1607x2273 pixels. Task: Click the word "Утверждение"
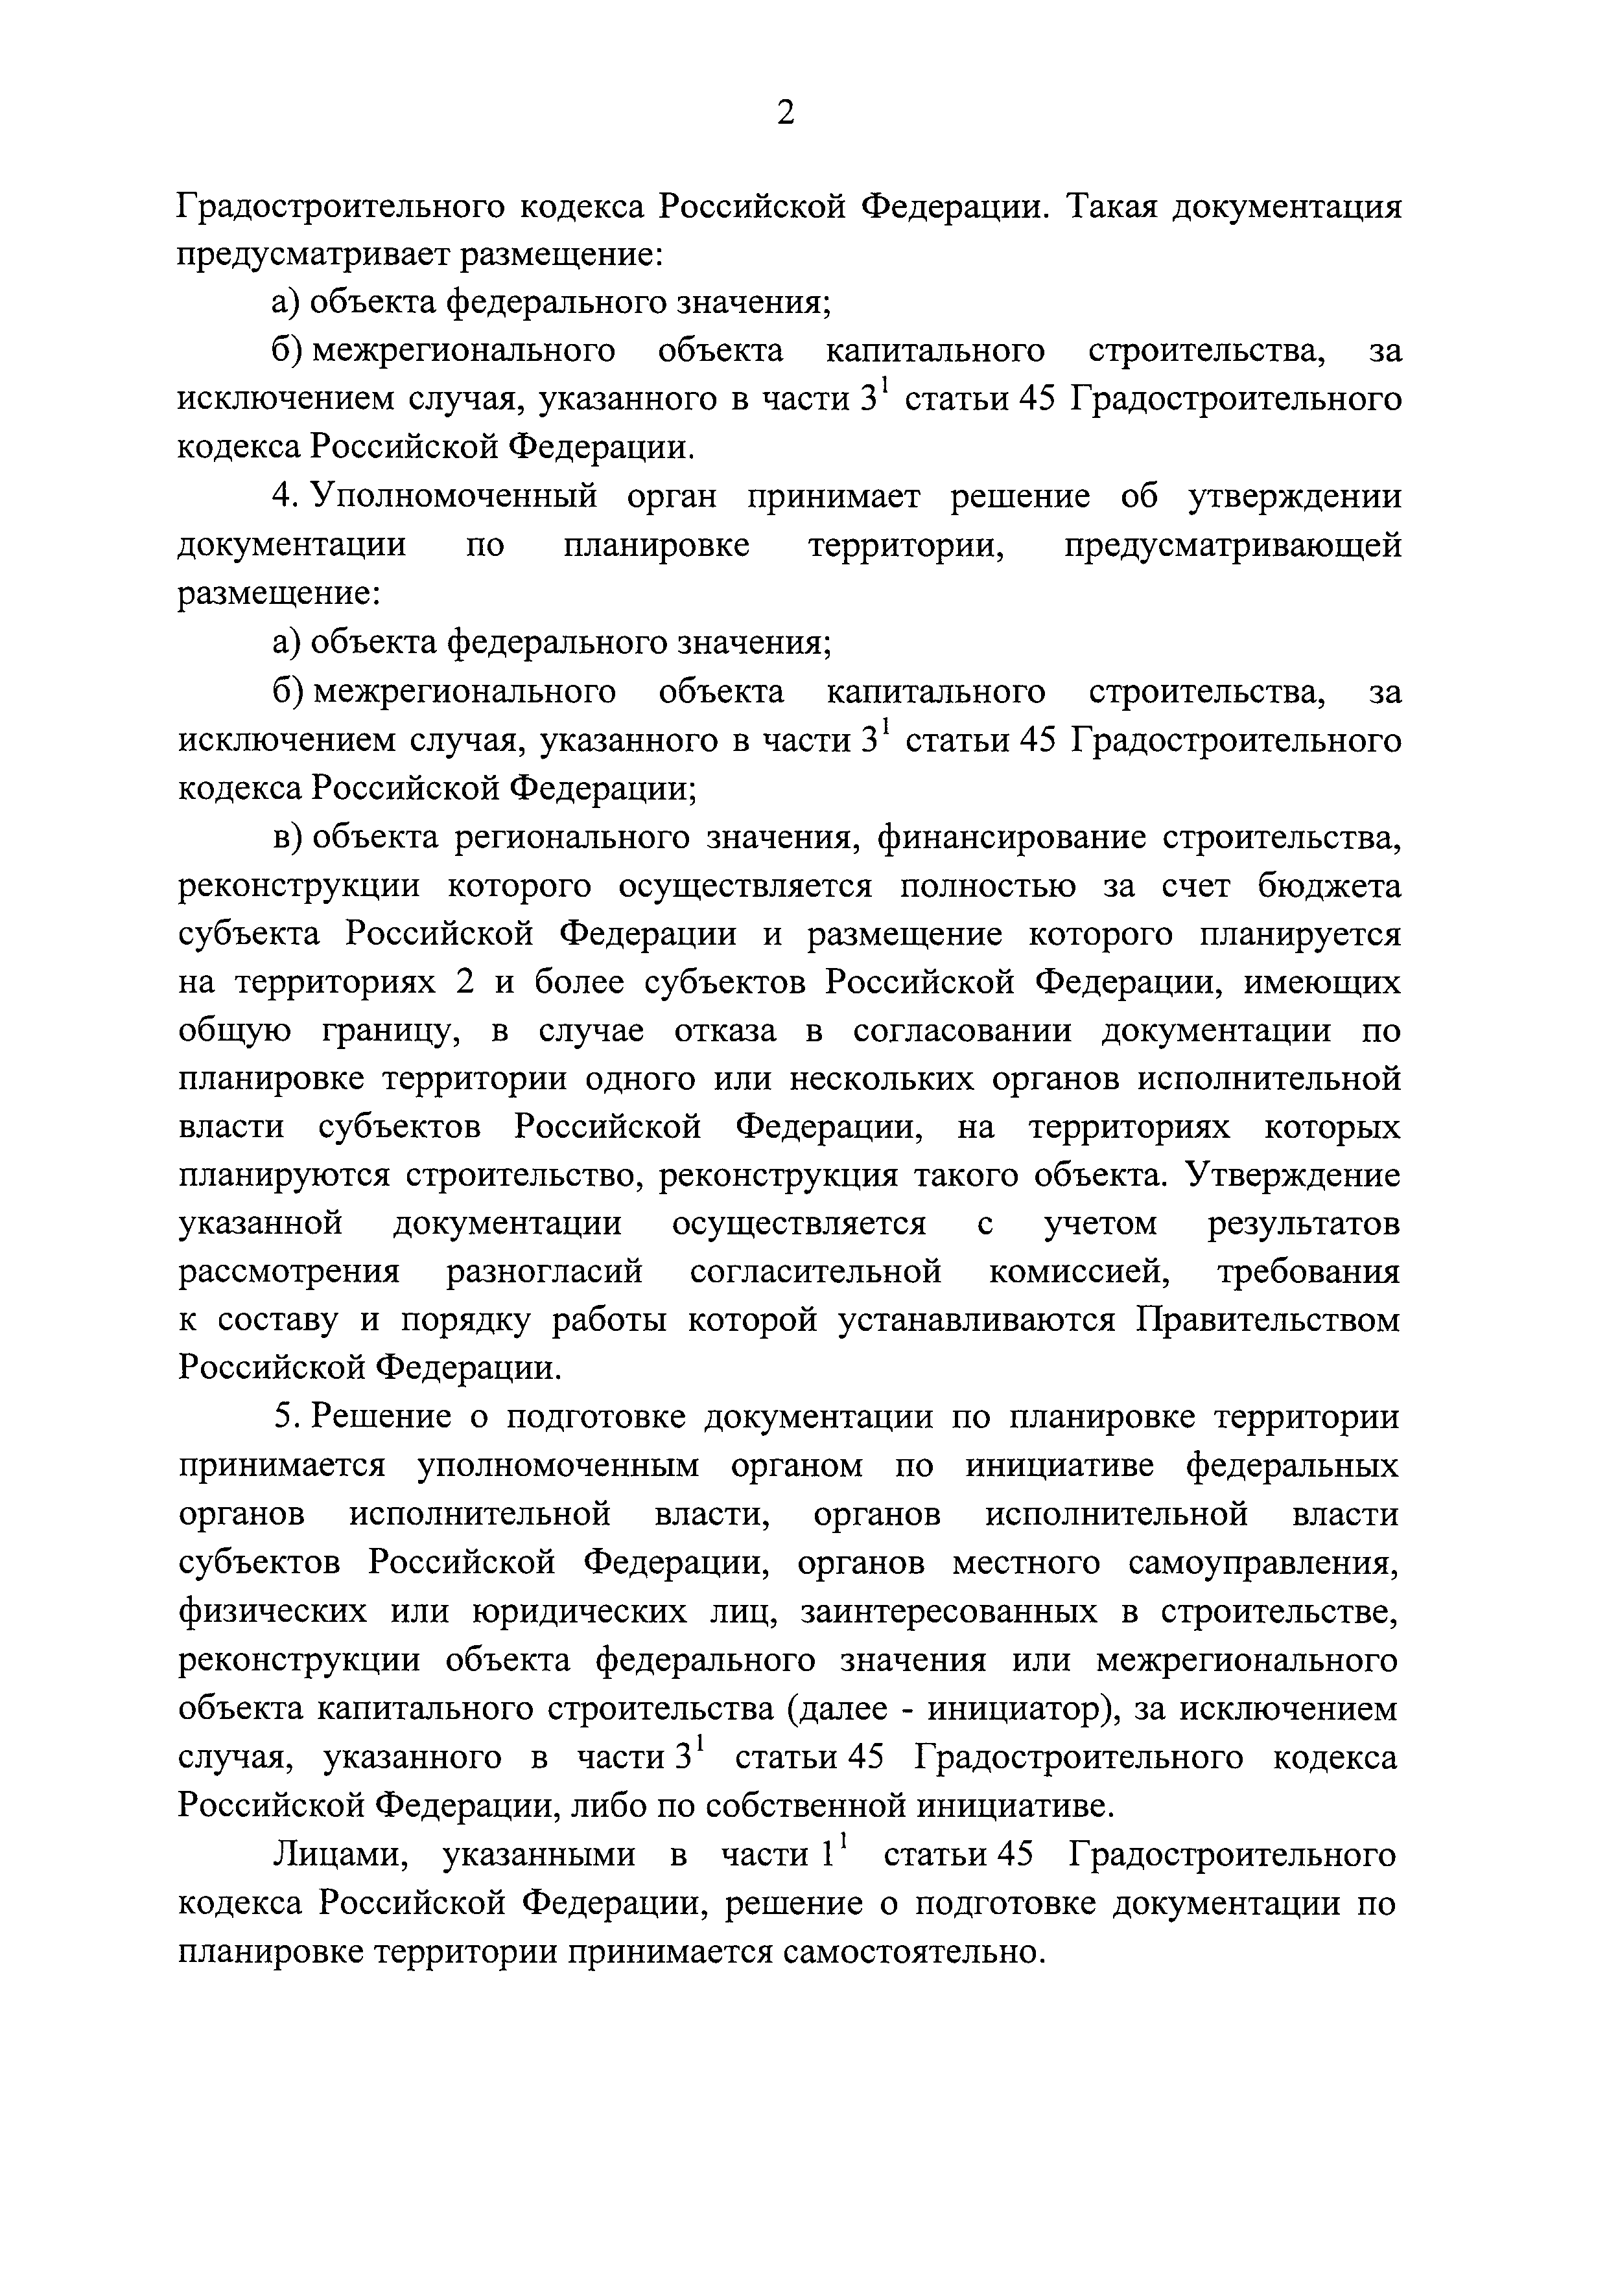1293,1176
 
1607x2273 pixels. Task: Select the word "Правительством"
1269,1321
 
